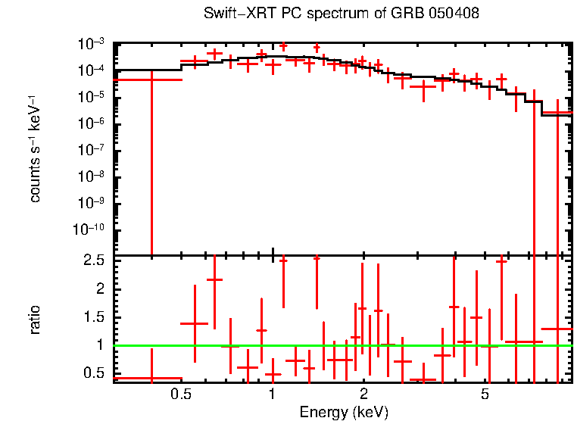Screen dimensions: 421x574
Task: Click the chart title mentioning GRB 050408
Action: point(342,14)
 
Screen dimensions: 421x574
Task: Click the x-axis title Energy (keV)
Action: point(344,412)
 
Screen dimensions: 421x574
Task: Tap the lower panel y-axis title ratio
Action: point(35,320)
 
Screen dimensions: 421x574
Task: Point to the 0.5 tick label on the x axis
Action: point(180,394)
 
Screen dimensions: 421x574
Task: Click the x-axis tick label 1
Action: point(272,394)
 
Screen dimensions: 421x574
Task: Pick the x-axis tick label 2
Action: point(363,394)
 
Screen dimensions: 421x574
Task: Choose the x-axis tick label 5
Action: point(485,394)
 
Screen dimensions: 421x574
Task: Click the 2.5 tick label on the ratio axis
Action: point(95,260)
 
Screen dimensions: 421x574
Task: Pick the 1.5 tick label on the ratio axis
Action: point(95,317)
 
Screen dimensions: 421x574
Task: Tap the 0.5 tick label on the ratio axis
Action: point(95,373)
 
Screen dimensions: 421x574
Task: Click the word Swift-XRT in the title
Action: point(234,14)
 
